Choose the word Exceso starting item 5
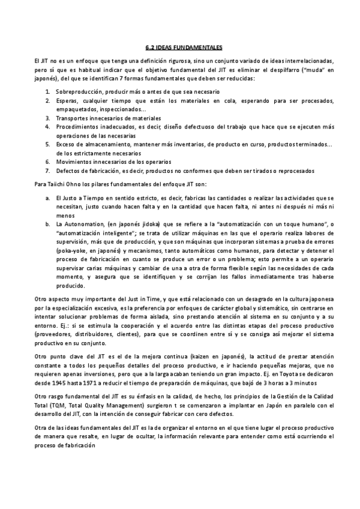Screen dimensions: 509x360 tap(64, 145)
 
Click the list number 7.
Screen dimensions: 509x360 tap(47, 171)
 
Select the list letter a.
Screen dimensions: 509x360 tap(47, 197)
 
